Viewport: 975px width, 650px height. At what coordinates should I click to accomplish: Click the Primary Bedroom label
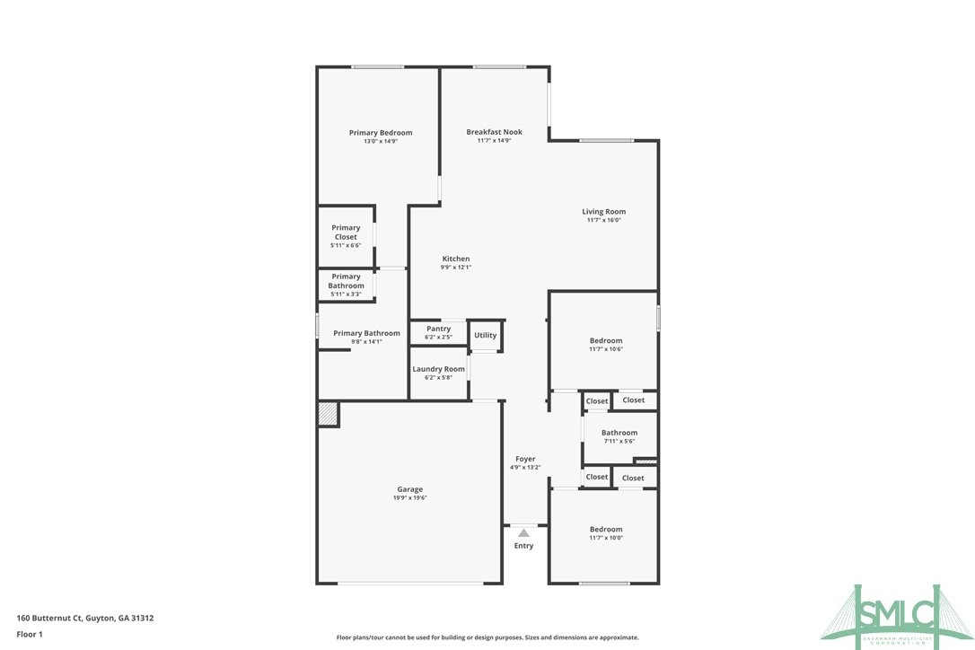click(x=381, y=133)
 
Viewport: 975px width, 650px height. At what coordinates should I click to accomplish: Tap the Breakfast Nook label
click(x=494, y=132)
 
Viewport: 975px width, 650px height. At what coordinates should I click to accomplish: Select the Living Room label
click(x=603, y=212)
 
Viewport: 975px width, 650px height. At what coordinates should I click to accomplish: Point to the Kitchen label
click(x=455, y=259)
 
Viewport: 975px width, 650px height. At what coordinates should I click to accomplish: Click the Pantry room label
click(x=438, y=329)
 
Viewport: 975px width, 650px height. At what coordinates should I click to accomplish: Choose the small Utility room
click(x=485, y=336)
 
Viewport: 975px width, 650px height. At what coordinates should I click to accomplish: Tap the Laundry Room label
click(x=438, y=369)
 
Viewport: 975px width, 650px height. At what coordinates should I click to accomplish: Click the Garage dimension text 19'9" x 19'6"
click(x=410, y=497)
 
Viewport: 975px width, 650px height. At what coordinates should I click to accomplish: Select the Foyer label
click(x=525, y=459)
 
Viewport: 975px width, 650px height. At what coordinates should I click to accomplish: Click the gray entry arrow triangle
click(x=523, y=532)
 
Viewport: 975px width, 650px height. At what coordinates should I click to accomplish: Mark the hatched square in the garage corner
click(x=328, y=414)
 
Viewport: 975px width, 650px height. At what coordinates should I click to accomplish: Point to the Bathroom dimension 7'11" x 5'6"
click(x=619, y=441)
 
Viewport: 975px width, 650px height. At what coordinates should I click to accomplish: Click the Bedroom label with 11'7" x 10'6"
click(x=605, y=341)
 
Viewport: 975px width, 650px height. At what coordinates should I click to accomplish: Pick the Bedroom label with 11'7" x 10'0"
click(x=605, y=530)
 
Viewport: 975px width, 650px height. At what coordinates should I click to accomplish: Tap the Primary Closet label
click(x=346, y=233)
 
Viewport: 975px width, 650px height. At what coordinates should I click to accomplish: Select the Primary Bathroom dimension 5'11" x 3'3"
click(x=346, y=294)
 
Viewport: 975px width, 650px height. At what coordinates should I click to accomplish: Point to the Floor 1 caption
click(x=30, y=634)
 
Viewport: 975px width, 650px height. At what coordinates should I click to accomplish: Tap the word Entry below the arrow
click(x=523, y=546)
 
